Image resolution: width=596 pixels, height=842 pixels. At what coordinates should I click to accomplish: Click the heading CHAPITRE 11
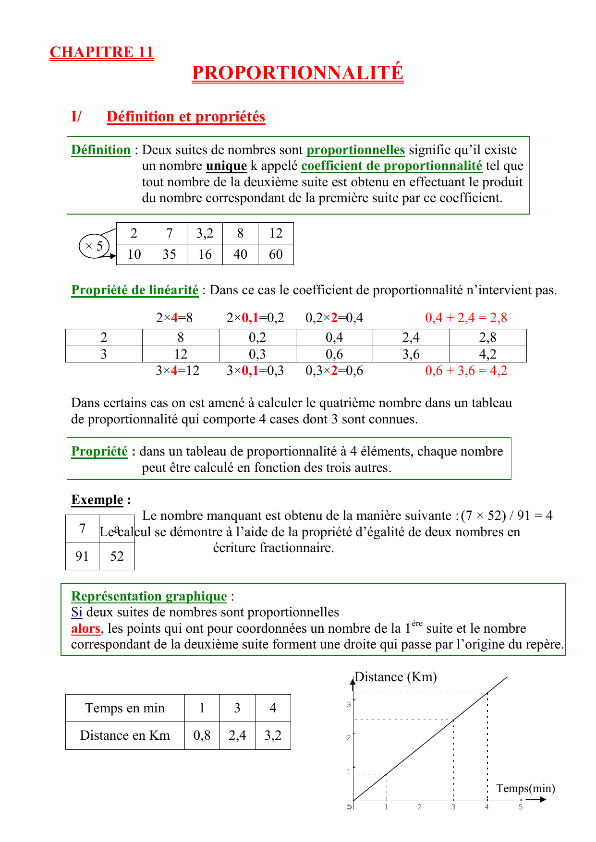point(101,52)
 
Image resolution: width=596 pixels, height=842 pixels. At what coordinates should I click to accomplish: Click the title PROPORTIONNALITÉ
point(297,72)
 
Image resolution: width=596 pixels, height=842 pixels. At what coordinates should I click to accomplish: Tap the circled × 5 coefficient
point(94,246)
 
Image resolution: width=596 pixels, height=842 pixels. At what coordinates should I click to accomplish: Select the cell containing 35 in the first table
point(169,254)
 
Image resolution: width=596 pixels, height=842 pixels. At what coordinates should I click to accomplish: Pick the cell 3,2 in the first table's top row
point(205,233)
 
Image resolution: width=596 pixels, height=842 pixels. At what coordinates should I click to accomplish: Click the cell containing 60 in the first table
point(276,254)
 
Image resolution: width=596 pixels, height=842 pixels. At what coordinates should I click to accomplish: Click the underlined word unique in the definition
point(226,166)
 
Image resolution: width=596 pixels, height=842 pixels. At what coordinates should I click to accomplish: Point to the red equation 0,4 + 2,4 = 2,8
point(466,318)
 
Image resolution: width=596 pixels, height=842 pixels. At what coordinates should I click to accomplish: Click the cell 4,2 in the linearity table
point(487,354)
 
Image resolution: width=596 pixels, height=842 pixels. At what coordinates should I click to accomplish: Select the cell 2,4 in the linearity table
point(411,337)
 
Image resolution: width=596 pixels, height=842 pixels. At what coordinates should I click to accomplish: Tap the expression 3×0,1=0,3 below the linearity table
point(255,371)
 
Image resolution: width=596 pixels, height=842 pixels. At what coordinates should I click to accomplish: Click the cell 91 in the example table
point(82,556)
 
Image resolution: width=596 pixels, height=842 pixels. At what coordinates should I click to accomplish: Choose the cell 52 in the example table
point(117,556)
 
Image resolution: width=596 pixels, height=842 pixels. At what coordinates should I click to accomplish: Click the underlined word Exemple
point(97,500)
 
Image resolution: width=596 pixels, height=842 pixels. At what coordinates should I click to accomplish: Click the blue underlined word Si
point(76,612)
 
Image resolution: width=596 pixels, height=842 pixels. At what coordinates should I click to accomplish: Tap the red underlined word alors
point(85,628)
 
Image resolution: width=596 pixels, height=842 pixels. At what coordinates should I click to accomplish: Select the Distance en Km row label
point(125,735)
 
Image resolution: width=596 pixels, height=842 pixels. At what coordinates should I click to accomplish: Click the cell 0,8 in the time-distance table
point(202,735)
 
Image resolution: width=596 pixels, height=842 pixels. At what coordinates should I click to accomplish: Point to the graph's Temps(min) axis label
point(525,788)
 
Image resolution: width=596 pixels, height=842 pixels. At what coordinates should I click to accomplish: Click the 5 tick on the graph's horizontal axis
point(521,807)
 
